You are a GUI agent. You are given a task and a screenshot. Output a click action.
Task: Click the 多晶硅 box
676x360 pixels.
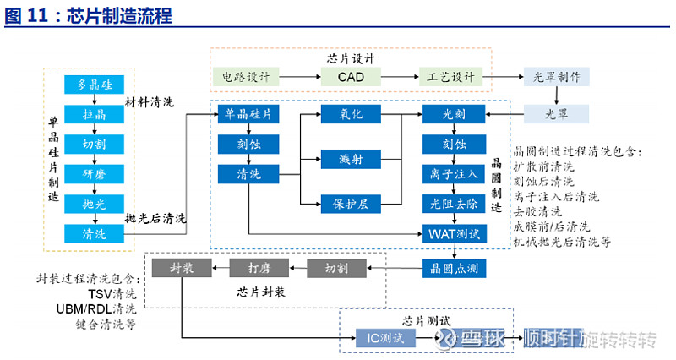(94, 85)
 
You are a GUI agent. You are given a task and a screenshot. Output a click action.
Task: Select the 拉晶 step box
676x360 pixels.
(94, 114)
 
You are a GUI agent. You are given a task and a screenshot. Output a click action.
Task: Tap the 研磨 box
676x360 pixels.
(94, 174)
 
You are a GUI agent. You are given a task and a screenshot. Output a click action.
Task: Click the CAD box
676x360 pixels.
(351, 77)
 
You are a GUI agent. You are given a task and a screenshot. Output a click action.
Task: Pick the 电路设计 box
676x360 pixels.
(246, 77)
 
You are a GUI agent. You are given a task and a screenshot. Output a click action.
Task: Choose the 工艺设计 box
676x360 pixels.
(450, 77)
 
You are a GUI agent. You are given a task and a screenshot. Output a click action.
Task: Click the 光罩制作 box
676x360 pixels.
(557, 77)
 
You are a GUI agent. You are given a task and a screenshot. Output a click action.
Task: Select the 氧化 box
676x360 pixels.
(351, 114)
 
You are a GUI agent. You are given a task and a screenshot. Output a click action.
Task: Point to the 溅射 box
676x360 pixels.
(351, 159)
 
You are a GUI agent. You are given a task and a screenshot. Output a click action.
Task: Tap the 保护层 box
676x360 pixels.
(351, 204)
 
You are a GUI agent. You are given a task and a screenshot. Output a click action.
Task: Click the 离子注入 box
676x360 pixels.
(454, 174)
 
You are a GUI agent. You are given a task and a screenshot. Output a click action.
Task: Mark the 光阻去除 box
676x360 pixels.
(454, 204)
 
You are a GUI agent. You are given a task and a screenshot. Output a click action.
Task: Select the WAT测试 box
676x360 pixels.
(454, 234)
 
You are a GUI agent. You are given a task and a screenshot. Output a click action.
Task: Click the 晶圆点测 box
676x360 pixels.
(454, 268)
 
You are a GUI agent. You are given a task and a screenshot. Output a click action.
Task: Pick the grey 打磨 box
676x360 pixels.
(259, 268)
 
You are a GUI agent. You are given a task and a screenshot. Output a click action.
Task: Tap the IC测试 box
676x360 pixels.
(385, 338)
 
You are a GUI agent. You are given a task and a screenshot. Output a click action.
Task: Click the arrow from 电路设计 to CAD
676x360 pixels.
(300, 77)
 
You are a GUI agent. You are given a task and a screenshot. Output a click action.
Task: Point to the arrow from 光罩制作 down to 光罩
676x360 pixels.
(557, 95)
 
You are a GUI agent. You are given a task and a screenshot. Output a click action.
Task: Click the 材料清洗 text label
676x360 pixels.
(150, 102)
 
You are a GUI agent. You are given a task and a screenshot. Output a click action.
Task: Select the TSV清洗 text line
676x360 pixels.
(112, 294)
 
